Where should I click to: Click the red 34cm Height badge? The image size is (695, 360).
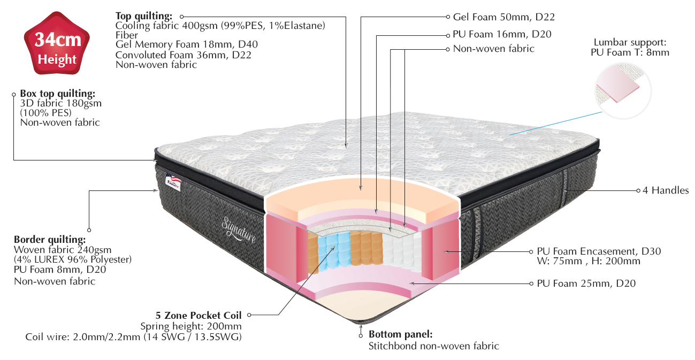[x=57, y=48]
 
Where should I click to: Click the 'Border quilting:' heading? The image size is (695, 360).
[x=49, y=240]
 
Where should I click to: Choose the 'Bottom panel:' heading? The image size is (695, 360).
[x=400, y=334]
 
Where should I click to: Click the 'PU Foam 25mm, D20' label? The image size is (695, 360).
[x=586, y=284]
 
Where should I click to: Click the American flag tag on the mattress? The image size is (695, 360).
[x=174, y=180]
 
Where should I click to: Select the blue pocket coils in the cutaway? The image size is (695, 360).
[x=327, y=250]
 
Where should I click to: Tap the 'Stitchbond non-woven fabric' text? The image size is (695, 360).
[x=433, y=346]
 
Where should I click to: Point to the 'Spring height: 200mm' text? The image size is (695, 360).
[x=190, y=326]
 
